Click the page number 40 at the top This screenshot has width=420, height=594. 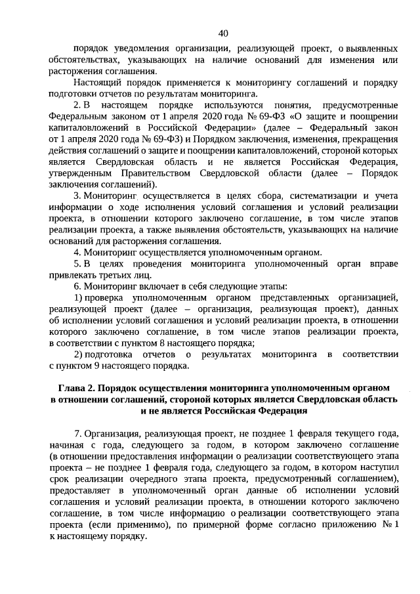point(222,33)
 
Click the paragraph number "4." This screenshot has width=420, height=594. point(77,251)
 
